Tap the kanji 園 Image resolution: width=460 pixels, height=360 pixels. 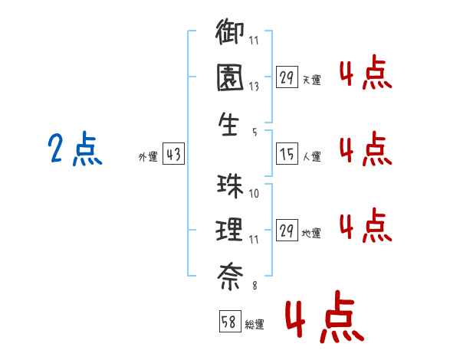(x=231, y=78)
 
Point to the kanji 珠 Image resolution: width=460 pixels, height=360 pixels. (x=231, y=187)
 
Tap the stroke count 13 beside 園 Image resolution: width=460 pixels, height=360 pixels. (x=254, y=87)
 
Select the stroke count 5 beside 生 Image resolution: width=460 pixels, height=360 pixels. (x=254, y=131)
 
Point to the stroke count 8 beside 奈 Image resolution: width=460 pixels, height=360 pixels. (x=254, y=285)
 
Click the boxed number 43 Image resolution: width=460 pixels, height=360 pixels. (x=173, y=155)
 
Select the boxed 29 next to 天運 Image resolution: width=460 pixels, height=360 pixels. (x=287, y=77)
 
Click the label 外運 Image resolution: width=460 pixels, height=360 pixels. (x=148, y=157)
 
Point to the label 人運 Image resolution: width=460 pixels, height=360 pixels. (x=311, y=157)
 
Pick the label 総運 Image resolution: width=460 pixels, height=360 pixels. (x=255, y=325)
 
